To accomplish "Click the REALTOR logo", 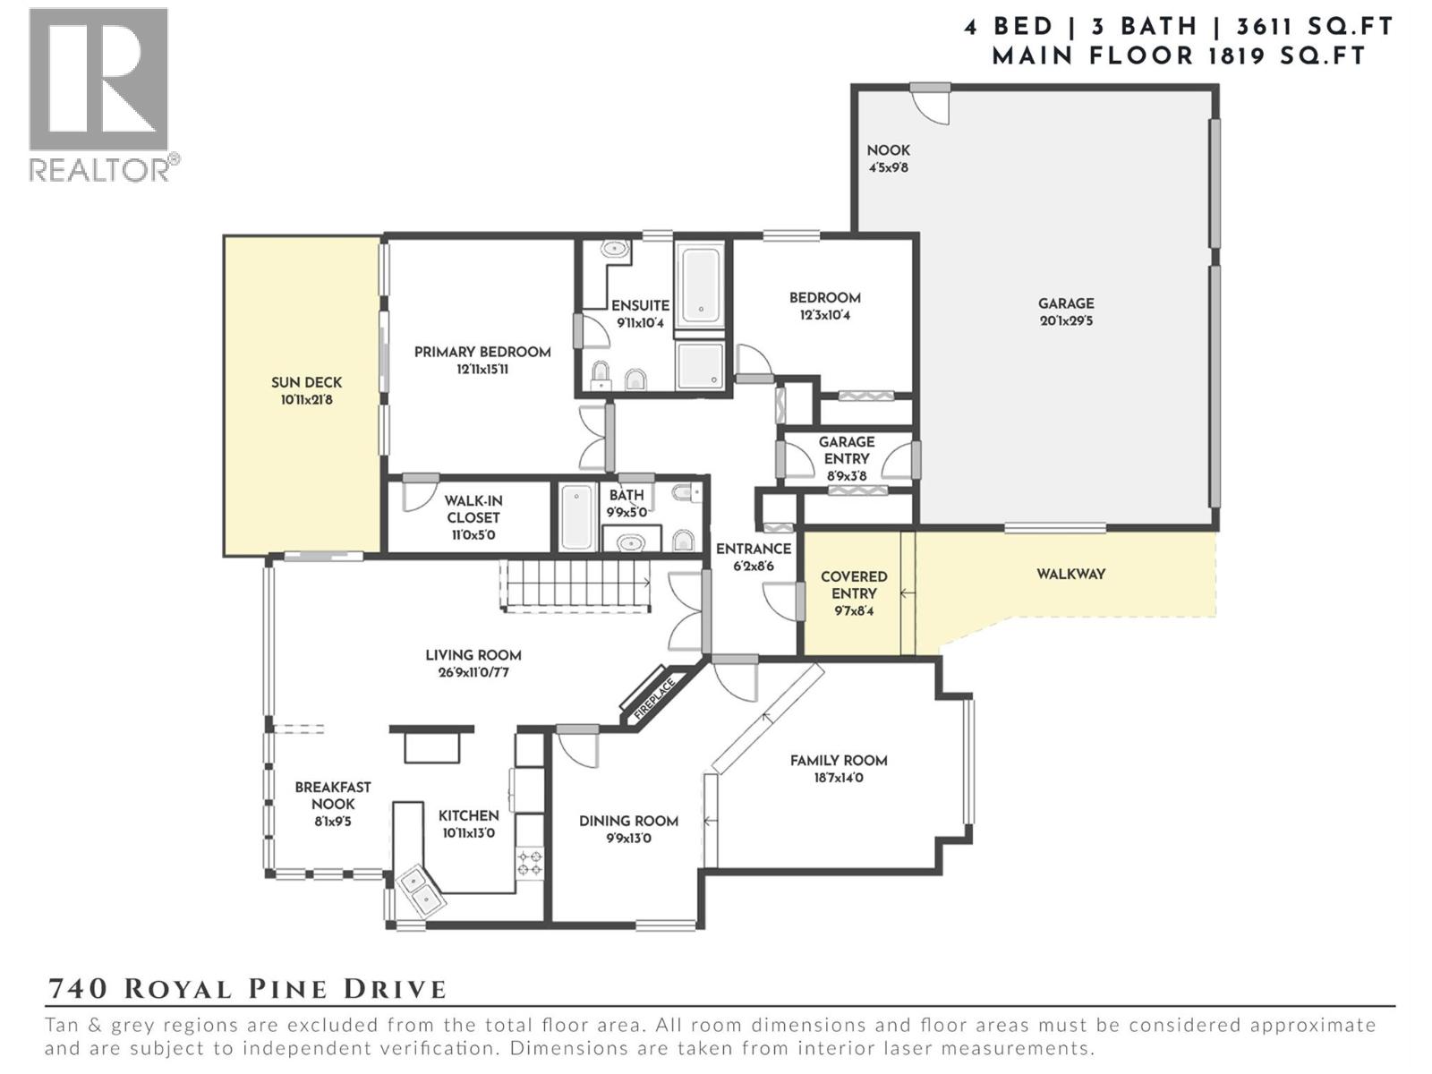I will point(99,94).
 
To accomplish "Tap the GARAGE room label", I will point(1066,304).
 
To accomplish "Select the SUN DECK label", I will point(306,383).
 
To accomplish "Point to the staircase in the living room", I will point(576,585).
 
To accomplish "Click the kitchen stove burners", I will point(529,863).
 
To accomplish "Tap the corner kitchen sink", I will point(419,891).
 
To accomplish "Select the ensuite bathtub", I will point(700,286).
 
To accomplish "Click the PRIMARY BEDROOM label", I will point(482,353).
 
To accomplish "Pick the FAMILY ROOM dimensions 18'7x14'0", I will point(839,779).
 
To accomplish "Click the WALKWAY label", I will point(1070,575).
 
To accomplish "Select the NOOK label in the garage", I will point(888,150).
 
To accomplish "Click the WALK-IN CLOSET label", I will point(473,509).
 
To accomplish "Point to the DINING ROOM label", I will point(628,821).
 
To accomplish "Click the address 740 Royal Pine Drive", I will point(246,989).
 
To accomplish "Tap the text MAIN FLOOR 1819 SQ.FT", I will point(1179,56).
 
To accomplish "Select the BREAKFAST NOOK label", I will point(333,796).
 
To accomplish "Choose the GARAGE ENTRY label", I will point(846,450).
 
